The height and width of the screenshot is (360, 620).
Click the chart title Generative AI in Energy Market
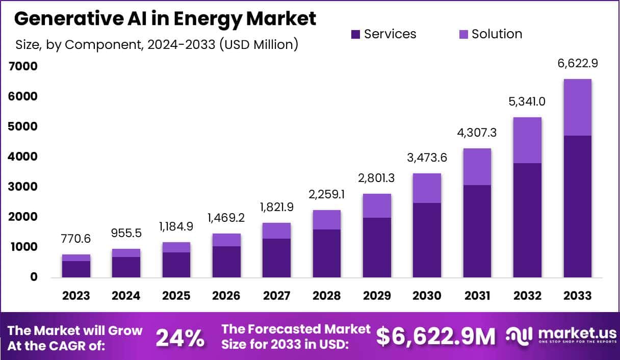pos(165,18)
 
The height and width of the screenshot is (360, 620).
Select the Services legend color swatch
pos(356,34)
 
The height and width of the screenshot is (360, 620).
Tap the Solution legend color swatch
pos(463,34)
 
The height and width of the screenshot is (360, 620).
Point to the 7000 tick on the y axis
pos(22,66)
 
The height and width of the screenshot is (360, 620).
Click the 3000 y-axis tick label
pos(22,187)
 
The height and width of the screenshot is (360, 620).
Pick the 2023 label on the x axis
pos(76,296)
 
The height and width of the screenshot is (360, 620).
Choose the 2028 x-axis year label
pos(326,296)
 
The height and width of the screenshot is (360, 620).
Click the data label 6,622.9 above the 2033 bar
pos(577,64)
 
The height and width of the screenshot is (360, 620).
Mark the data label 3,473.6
pos(427,158)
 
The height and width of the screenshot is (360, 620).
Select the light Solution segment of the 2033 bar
pos(577,107)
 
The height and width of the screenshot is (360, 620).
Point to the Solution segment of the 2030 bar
pos(427,188)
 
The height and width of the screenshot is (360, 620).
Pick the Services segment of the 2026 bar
pos(226,262)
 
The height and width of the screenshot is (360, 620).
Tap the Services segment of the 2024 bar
pos(126,267)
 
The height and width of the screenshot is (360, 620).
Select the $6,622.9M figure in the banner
pos(436,337)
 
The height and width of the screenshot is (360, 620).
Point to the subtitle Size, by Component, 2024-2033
pos(156,44)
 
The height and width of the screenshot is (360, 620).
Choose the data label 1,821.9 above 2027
pos(276,208)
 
